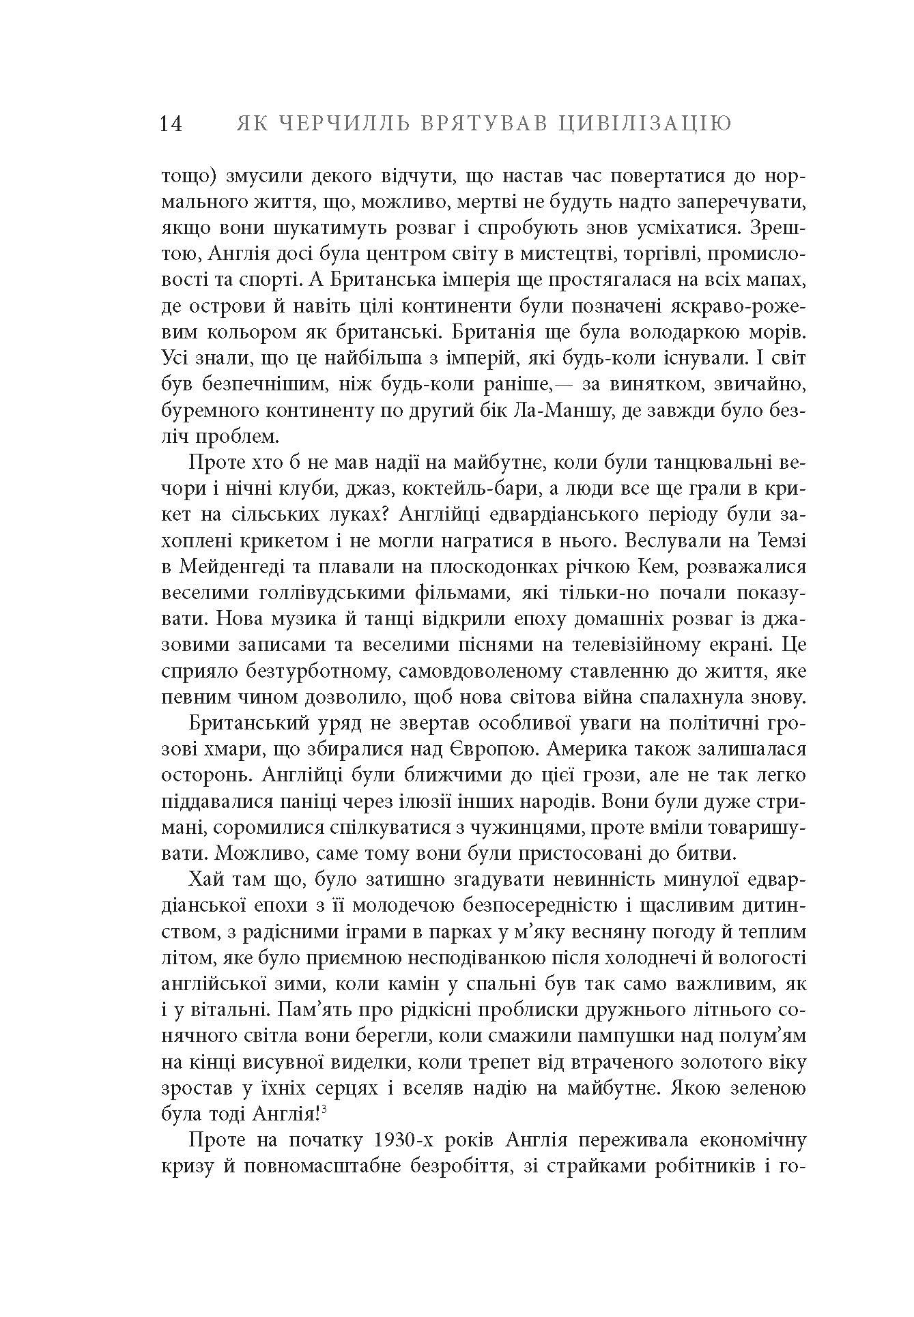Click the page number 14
tap(171, 124)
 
